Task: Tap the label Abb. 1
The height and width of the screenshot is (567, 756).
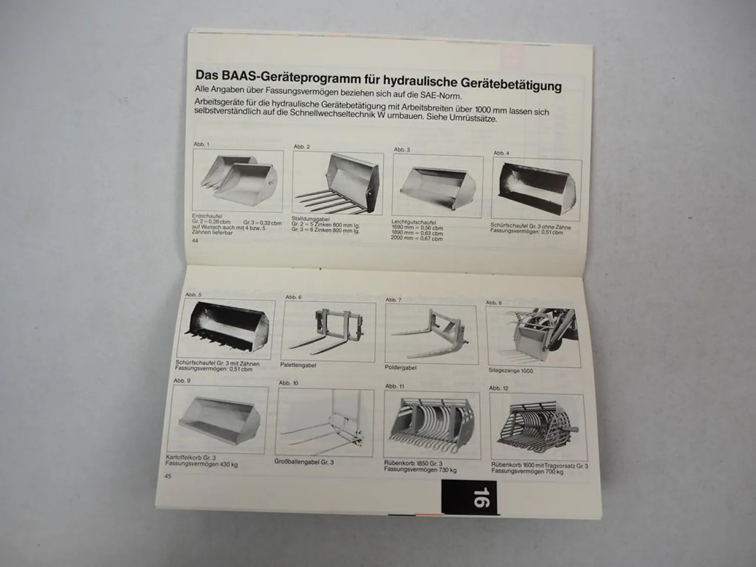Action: [x=201, y=144]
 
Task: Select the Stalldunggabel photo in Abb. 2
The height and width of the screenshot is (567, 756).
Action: [x=338, y=183]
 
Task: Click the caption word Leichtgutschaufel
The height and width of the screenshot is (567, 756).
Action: [x=413, y=222]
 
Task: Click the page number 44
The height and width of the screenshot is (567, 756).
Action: [x=195, y=241]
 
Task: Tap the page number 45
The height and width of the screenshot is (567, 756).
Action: [x=168, y=476]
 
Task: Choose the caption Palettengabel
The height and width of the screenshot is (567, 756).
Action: [x=298, y=365]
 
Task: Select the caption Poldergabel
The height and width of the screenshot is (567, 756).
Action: [x=401, y=367]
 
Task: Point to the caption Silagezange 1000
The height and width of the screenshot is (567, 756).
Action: [x=511, y=370]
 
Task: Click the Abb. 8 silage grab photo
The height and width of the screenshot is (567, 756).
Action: [x=533, y=335]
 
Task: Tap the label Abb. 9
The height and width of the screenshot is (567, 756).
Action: [x=182, y=381]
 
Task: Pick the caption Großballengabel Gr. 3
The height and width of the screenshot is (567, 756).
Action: [x=304, y=462]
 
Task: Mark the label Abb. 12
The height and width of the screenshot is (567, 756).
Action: [x=498, y=388]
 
